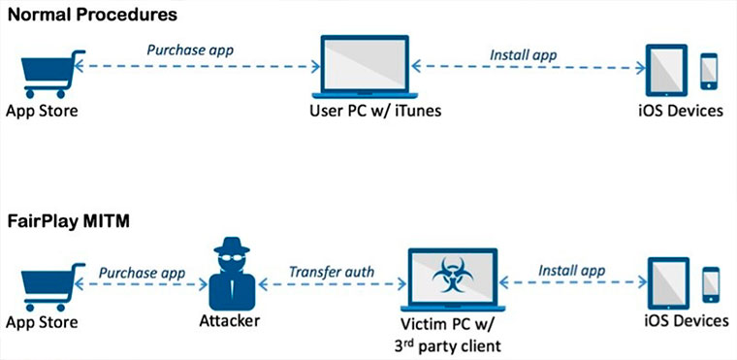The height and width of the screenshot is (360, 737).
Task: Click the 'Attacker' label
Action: (235, 321)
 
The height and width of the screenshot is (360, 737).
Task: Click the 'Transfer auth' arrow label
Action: (333, 270)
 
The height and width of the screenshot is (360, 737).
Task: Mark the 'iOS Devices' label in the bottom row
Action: (687, 321)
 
